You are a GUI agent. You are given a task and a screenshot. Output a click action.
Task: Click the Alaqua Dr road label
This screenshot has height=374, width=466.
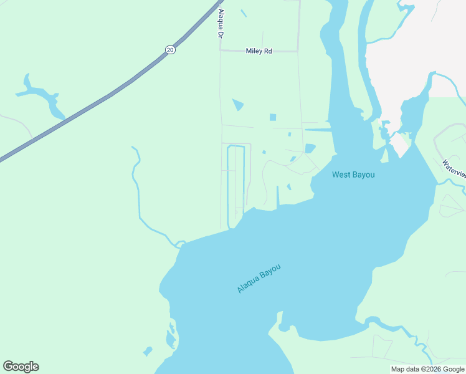pyautogui.click(x=221, y=24)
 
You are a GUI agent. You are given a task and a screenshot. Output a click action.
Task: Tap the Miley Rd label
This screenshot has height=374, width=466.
pyautogui.click(x=259, y=51)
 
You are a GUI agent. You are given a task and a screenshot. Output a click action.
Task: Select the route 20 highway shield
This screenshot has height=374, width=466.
pyautogui.click(x=169, y=50)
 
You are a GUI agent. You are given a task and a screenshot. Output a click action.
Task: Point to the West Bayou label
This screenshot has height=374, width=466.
pyautogui.click(x=353, y=175)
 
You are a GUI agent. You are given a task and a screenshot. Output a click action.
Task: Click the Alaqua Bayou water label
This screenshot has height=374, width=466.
pyautogui.click(x=259, y=279)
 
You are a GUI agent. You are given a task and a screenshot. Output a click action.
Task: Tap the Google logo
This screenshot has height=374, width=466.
pyautogui.click(x=21, y=367)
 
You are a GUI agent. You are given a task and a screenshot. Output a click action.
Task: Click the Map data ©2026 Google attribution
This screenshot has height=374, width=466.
pyautogui.click(x=427, y=369)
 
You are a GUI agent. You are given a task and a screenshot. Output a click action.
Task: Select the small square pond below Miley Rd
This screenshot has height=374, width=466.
pyautogui.click(x=272, y=117)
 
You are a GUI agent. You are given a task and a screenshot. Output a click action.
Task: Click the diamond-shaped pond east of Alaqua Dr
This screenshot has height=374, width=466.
pyautogui.click(x=238, y=105)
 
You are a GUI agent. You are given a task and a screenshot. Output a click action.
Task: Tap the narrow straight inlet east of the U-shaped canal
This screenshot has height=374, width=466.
pyautogui.click(x=277, y=197)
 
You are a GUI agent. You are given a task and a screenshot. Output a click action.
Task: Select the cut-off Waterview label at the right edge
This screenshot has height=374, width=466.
pyautogui.click(x=454, y=168)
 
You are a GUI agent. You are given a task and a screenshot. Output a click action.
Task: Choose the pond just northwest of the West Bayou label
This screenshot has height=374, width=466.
pyautogui.click(x=310, y=148)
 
